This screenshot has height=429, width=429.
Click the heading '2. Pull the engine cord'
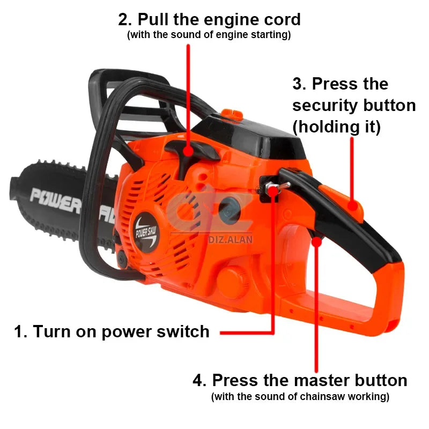209,19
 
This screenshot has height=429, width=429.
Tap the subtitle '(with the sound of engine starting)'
209,35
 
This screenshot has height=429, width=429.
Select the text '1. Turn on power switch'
112,331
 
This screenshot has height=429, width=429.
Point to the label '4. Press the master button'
300,381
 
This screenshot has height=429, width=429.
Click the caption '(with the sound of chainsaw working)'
300,397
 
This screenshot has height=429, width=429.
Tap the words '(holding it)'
337,127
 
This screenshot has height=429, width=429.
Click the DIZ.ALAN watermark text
230,240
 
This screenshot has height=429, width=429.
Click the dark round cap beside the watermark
228,208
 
